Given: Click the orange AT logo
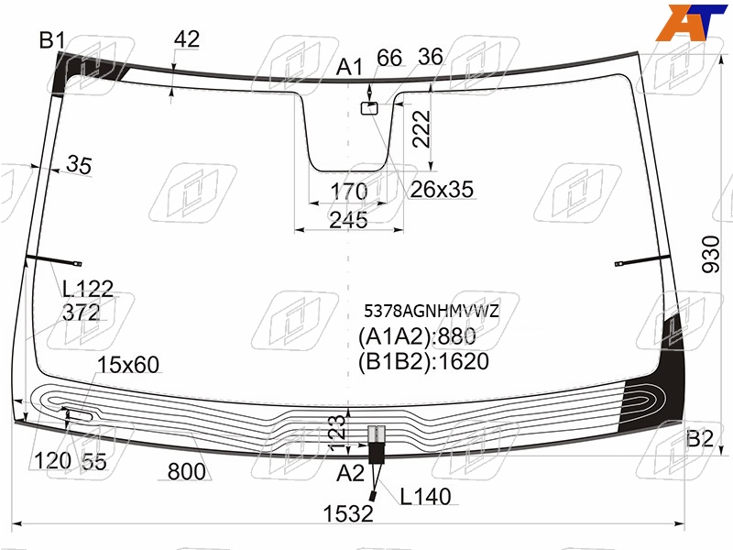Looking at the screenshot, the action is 692,22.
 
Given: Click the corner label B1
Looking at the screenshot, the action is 52,40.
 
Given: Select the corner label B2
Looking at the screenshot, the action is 700,439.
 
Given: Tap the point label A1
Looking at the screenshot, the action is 349,67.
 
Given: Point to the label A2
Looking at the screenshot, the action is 350,473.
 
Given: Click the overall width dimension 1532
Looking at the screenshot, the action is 348,513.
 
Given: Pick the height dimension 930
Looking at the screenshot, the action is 711,255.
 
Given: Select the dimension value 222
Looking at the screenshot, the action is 421,129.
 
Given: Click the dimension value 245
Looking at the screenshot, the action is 348,220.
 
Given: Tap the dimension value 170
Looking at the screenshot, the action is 349,192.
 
